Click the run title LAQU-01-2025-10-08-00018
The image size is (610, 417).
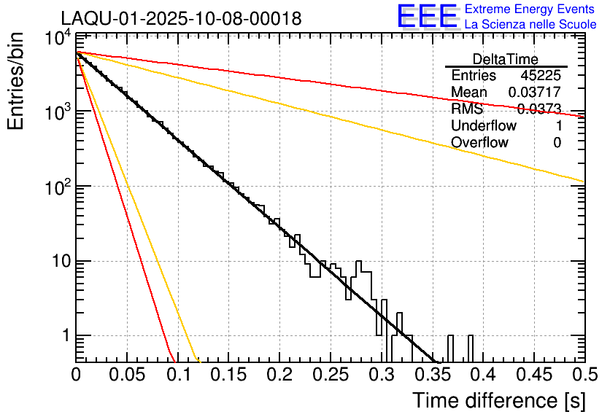(x=181, y=19)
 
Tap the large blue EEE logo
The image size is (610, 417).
(x=426, y=17)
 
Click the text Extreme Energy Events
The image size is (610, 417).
(x=529, y=9)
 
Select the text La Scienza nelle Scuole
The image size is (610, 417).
(x=530, y=25)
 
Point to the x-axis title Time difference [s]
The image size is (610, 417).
(x=498, y=400)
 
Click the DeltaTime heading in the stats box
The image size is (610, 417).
(x=505, y=59)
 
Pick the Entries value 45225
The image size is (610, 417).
(x=541, y=76)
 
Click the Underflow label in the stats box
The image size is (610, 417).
(x=484, y=125)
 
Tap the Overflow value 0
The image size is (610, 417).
(x=557, y=142)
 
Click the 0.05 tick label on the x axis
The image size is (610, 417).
(x=127, y=375)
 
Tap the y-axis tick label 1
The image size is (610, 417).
(x=64, y=337)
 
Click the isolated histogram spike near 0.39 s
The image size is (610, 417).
(x=470, y=348)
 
